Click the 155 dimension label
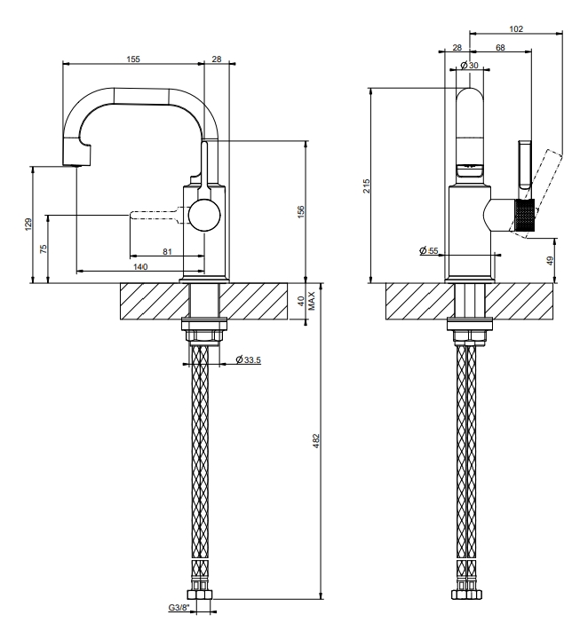[133, 59]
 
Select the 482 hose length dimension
[316, 441]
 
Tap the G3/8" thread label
[179, 608]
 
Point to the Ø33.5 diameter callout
[248, 360]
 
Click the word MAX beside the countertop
[312, 301]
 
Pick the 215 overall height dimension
[366, 186]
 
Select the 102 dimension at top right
[516, 28]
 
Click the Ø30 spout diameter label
[469, 65]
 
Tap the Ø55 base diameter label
[429, 251]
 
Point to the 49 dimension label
[550, 261]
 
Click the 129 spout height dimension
[28, 225]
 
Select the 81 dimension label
[167, 251]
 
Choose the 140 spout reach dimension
[140, 266]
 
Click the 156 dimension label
[301, 211]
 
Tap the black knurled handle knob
[525, 215]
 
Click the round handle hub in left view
[204, 216]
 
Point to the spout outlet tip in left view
[76, 165]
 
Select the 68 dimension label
[500, 47]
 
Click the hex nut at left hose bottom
[200, 595]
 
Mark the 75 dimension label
[44, 248]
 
